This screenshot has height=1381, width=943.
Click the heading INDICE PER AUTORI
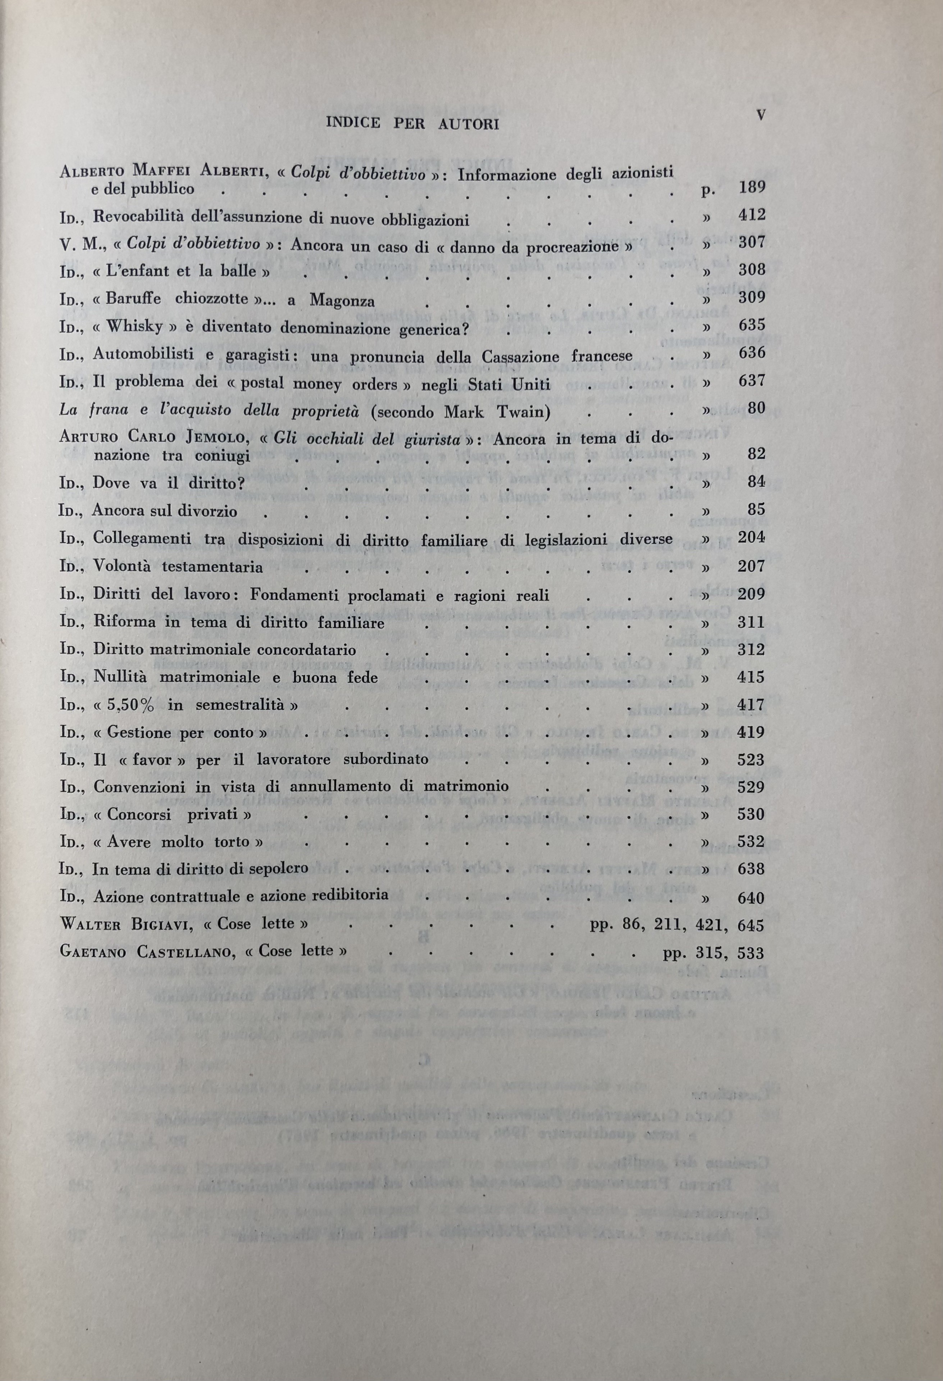tap(413, 124)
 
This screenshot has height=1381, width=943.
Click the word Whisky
tap(134, 327)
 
